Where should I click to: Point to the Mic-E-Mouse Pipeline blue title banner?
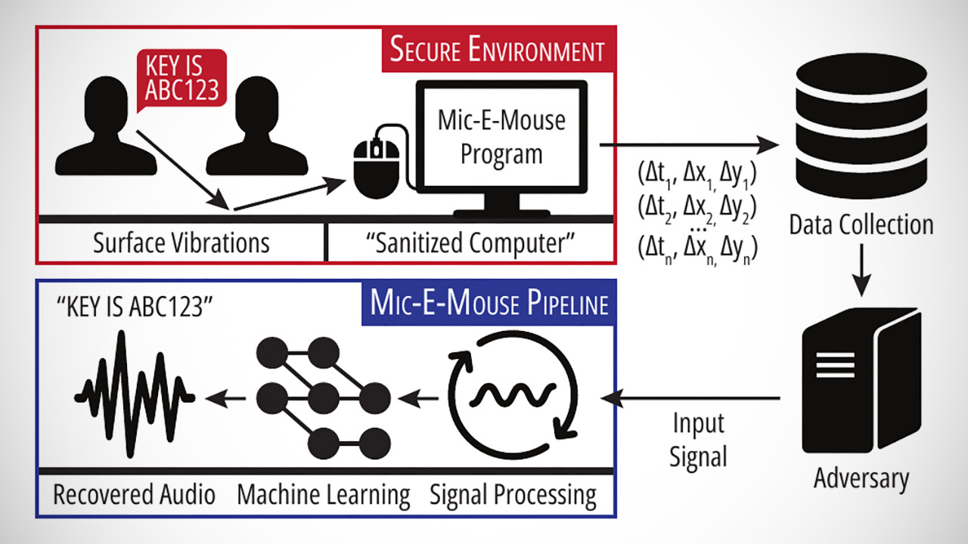click(x=489, y=304)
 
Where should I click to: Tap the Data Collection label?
click(x=861, y=224)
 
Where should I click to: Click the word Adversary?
click(x=861, y=478)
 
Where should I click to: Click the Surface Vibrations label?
click(x=181, y=243)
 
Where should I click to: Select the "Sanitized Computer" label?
click(x=470, y=243)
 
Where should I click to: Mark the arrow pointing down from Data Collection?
click(x=861, y=273)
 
